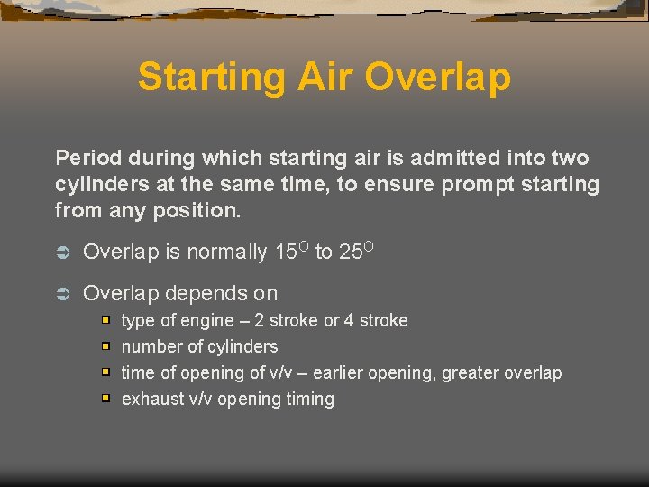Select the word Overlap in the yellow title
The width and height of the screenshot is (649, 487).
coord(439,78)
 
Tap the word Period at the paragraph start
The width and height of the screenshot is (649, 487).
coord(87,159)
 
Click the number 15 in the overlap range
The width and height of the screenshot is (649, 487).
coord(286,253)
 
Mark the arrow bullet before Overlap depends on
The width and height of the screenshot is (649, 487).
coord(63,294)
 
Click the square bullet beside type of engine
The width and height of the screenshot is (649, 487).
coord(105,320)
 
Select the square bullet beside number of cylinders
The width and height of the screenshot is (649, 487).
coord(105,346)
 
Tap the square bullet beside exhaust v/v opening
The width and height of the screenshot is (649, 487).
coord(105,399)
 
